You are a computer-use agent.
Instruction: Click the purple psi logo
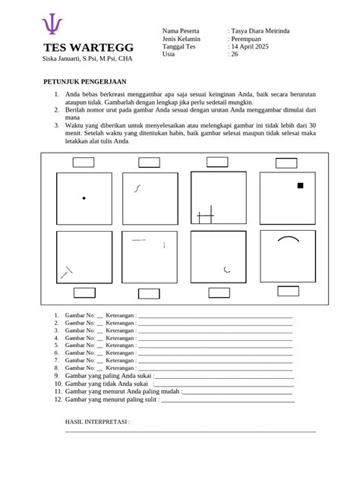pos(52,25)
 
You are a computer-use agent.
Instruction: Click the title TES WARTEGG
pos(77,49)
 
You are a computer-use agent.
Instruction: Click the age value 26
pos(235,55)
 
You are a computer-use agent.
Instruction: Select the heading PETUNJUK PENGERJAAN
pos(84,81)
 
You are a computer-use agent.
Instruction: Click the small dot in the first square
pos(84,198)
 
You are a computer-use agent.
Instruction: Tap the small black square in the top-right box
pos(300,185)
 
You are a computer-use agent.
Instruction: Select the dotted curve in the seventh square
pos(227,269)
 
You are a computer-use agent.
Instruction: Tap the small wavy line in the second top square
pos(137,188)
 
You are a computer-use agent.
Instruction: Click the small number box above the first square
pos(83,162)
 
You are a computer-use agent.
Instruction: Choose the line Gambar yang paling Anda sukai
pos(109,375)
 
